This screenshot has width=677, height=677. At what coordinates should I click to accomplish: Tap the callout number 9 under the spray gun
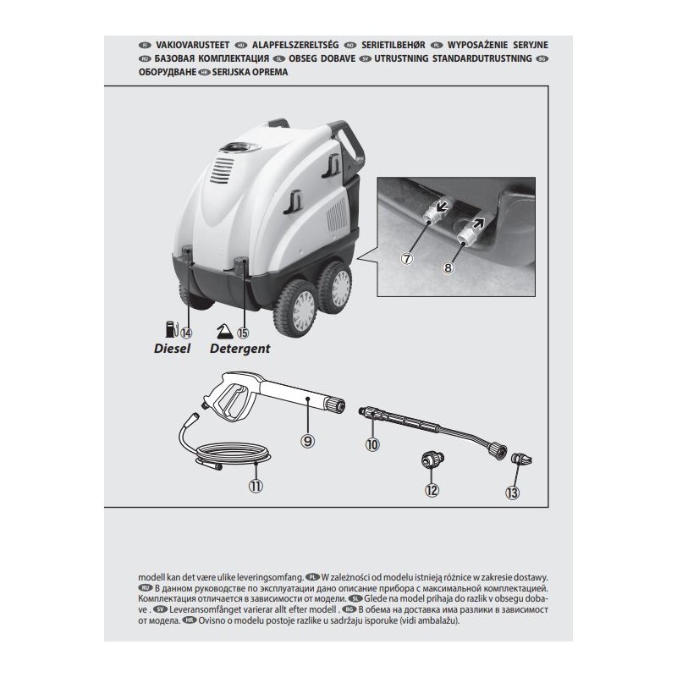point(308,439)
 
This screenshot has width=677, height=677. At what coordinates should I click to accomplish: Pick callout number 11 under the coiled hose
point(256,486)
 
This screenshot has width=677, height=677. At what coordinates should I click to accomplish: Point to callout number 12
point(432,489)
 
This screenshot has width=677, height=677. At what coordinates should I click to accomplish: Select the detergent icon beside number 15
point(224,331)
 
